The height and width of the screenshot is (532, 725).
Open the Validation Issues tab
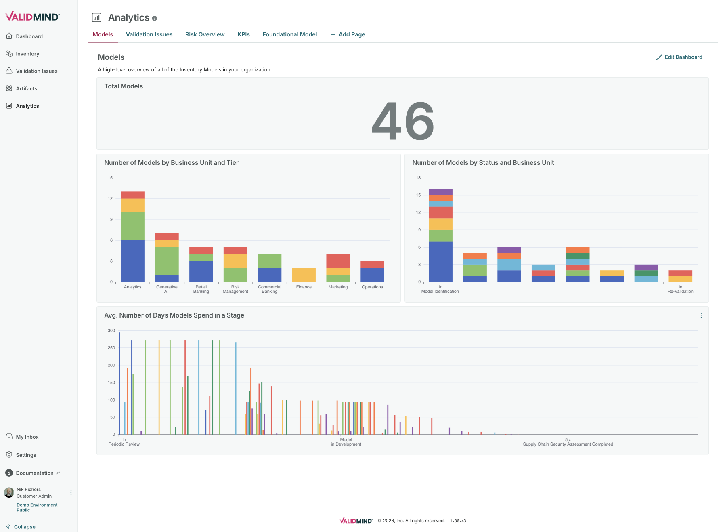[x=149, y=34]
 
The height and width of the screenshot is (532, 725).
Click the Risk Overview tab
[x=205, y=34]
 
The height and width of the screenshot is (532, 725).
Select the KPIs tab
[x=243, y=34]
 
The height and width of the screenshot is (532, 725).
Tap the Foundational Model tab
[x=289, y=34]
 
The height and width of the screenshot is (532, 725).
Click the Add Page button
[x=348, y=34]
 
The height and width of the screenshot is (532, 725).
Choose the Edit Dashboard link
[x=679, y=57]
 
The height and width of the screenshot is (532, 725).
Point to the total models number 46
[x=402, y=121]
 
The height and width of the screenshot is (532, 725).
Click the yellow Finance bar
[x=304, y=275]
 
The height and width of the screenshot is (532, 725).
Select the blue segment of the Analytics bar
[x=132, y=261]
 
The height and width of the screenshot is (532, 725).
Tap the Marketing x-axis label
[x=338, y=287]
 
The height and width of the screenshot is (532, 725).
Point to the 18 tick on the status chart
[x=418, y=178]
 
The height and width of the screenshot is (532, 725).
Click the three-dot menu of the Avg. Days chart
[x=701, y=315]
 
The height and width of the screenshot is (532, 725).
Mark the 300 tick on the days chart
[x=111, y=330]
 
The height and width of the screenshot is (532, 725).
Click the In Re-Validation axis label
[x=680, y=289]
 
